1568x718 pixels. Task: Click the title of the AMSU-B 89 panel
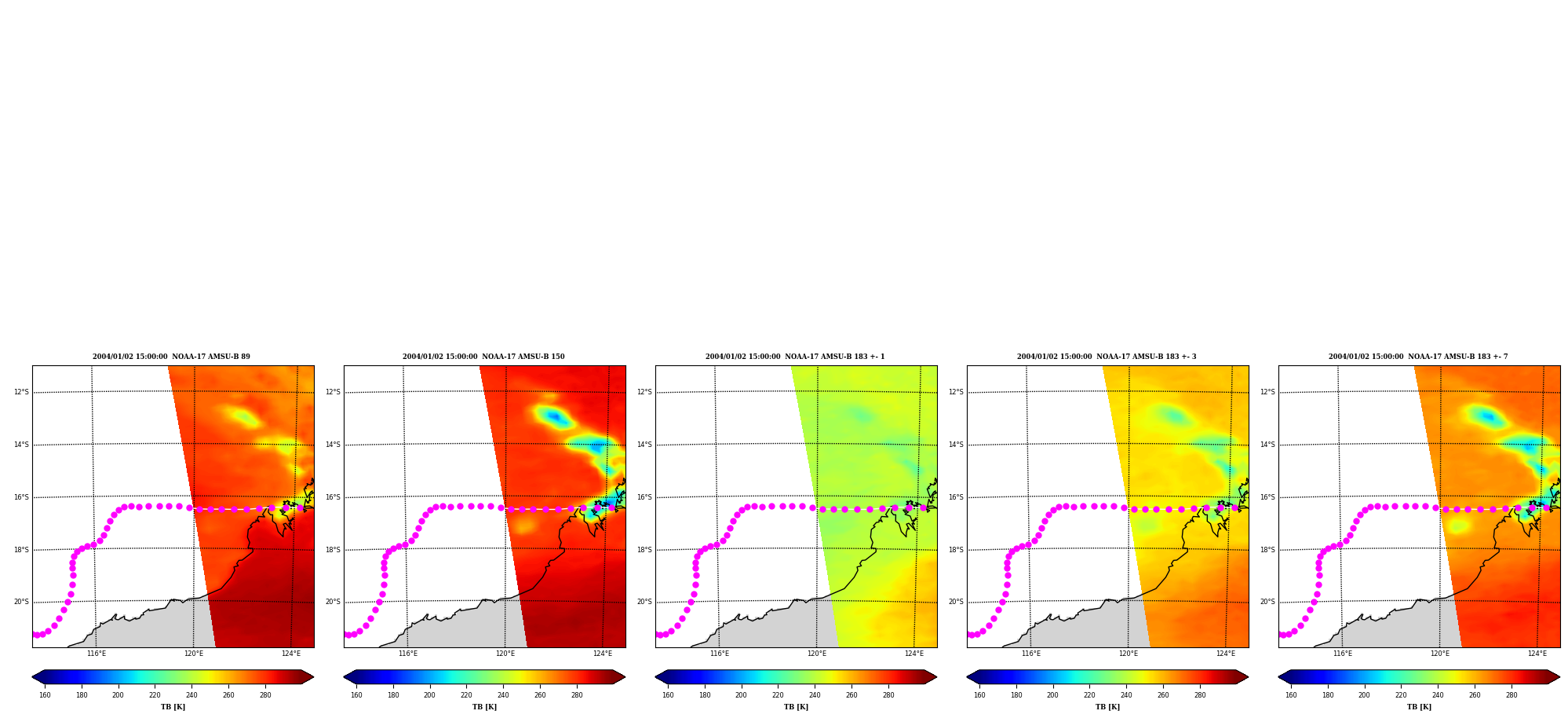coord(171,357)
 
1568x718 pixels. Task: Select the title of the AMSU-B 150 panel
coord(483,357)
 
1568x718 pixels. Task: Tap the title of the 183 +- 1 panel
coord(795,357)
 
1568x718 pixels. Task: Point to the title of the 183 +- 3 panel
coord(1107,357)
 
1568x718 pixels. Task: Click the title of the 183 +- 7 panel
coord(1418,357)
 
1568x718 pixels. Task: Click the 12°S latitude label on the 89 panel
coord(21,392)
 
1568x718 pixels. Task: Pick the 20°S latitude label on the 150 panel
coord(333,602)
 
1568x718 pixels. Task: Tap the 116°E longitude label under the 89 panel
coord(96,654)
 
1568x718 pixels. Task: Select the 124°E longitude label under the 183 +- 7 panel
coord(1537,654)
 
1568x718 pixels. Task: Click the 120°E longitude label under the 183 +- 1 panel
coord(816,654)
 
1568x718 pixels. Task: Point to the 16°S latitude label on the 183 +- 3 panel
coord(956,497)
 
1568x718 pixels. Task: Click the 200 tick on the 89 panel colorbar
coord(118,694)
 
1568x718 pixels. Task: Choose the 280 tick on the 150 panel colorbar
coord(577,694)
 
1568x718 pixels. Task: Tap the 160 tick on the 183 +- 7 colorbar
coord(1291,694)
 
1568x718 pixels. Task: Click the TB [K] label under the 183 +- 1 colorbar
coord(796,707)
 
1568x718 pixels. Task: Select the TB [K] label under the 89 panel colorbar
coord(173,707)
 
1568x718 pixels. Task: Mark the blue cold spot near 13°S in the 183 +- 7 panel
coord(1488,416)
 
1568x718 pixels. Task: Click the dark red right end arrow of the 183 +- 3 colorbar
coord(1242,677)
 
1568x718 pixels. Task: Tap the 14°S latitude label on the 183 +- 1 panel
coord(644,445)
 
